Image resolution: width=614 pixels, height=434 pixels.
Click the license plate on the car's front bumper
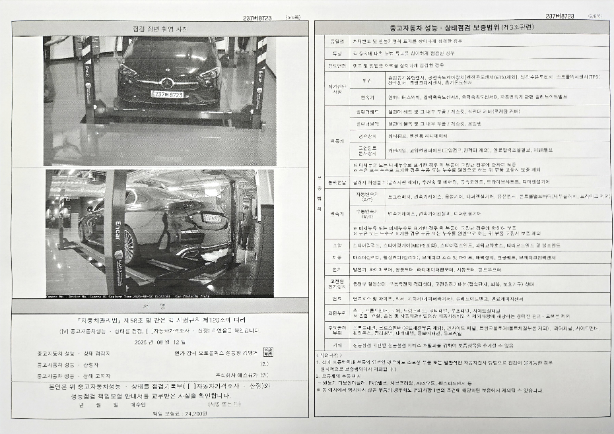click(168, 94)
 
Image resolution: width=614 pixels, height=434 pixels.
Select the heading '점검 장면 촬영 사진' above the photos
click(160, 28)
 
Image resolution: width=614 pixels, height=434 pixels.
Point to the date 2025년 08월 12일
click(160, 342)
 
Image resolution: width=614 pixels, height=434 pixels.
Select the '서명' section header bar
click(160, 307)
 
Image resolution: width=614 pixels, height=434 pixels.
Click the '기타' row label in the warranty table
click(337, 344)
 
